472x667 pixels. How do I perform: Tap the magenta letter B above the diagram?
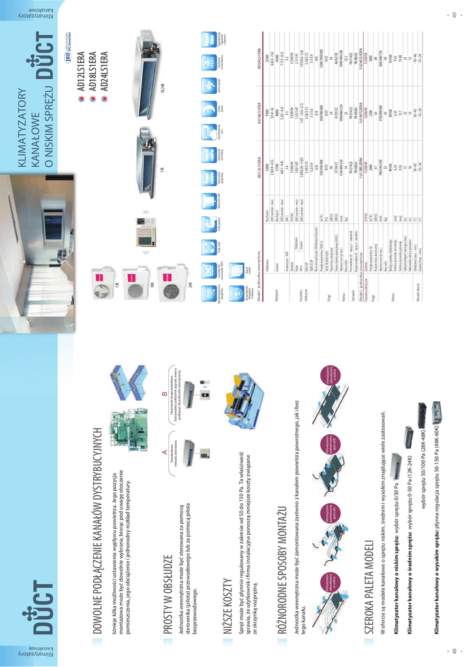pos(164,391)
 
